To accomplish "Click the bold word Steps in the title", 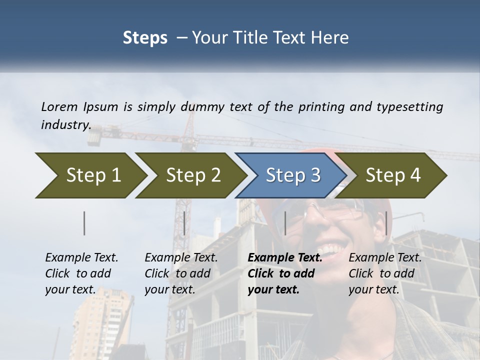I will [145, 37].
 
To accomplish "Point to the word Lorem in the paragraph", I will [59, 106].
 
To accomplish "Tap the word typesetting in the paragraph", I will [409, 106].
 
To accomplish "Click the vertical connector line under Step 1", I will [84, 223].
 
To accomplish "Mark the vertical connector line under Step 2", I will [184, 223].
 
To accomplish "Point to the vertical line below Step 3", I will [285, 223].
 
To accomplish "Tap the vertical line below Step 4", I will [386, 223].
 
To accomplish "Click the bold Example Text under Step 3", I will [285, 258].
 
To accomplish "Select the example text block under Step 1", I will [81, 273].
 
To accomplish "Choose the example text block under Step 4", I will [385, 273].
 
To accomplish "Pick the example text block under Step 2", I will [181, 273].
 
